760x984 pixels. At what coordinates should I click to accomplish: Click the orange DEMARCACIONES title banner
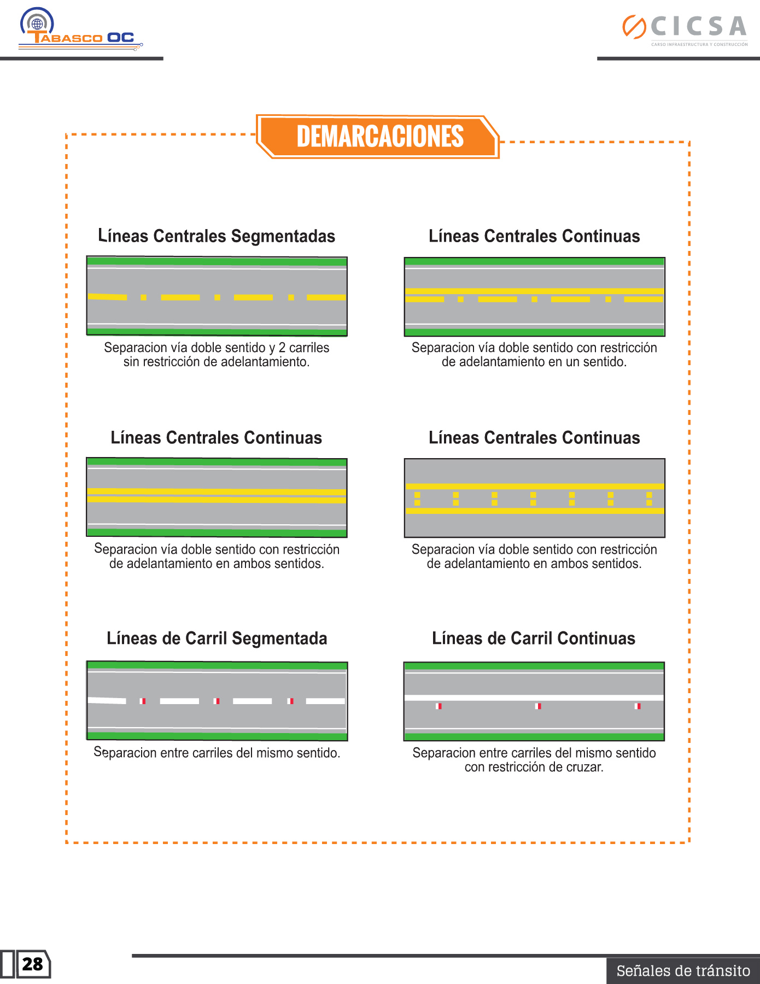click(379, 137)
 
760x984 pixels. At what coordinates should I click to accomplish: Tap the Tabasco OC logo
click(80, 31)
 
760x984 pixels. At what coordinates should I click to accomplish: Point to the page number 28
click(33, 964)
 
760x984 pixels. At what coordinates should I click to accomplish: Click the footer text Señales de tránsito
click(683, 971)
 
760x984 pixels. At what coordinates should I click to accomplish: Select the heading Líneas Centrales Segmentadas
click(217, 236)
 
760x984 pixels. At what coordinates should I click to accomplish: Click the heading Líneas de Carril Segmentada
click(217, 639)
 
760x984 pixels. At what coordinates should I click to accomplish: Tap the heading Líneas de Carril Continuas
click(534, 639)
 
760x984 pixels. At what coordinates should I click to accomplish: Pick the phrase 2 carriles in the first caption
click(304, 348)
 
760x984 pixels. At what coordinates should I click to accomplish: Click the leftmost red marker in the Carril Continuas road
click(439, 706)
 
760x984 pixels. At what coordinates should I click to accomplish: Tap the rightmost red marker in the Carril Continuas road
click(638, 706)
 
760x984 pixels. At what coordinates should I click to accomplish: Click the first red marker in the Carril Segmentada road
click(143, 701)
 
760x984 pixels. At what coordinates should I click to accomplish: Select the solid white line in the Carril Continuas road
click(534, 698)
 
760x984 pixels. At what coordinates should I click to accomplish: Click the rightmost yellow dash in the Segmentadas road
click(326, 297)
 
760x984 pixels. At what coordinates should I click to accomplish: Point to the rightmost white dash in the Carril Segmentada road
click(325, 701)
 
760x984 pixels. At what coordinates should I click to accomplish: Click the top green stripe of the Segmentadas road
click(217, 261)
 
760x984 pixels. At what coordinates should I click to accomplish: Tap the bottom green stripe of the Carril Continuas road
click(534, 736)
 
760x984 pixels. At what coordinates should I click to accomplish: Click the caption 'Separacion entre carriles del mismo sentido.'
click(217, 753)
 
